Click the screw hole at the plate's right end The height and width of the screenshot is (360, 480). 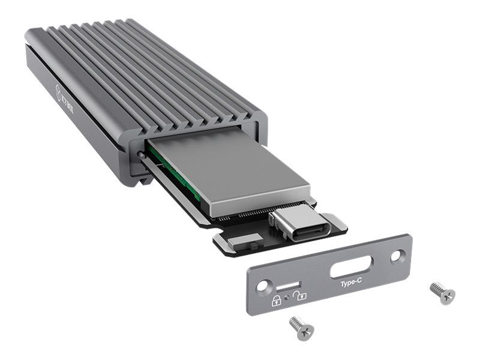click(395, 257)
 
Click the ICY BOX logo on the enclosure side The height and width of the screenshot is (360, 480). click(65, 95)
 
